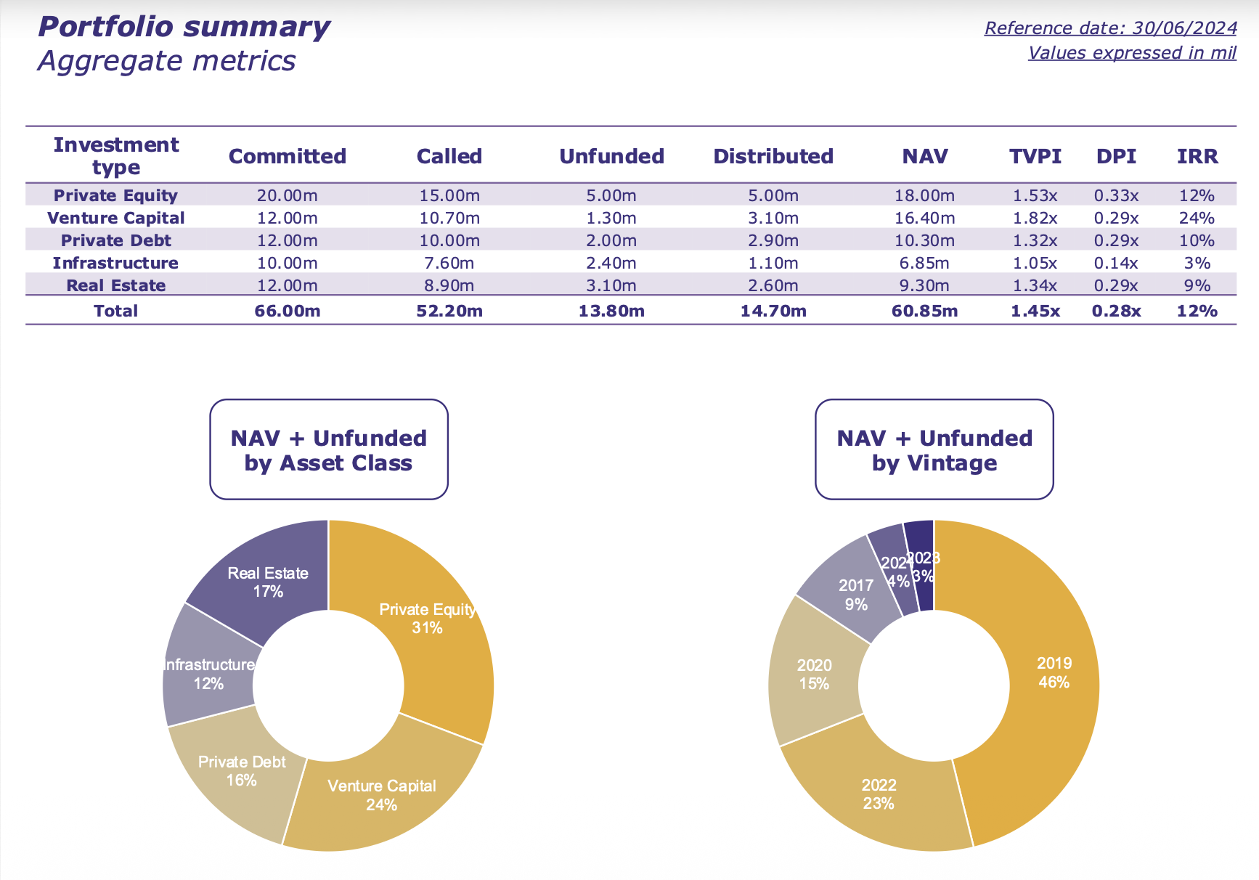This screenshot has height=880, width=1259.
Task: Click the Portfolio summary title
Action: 184,28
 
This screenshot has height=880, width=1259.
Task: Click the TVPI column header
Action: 1035,156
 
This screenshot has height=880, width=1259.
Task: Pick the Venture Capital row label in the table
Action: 116,218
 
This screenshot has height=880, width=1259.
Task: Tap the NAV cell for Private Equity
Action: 924,195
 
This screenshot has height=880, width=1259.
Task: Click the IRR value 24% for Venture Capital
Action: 1197,218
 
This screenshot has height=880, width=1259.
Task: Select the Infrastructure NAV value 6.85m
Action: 924,263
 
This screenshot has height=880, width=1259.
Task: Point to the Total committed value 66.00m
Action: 288,311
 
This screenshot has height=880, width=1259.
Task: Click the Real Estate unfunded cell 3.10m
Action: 611,285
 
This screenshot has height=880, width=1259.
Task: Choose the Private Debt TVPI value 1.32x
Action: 1035,240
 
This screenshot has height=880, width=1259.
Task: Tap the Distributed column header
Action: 773,156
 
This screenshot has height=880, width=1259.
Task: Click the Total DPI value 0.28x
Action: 1116,311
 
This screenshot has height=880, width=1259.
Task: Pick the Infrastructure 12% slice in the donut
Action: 208,674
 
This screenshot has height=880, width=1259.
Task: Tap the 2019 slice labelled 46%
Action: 1054,672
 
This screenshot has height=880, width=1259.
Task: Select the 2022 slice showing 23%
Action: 879,794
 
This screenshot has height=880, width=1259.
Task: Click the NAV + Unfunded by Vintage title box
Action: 934,449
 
